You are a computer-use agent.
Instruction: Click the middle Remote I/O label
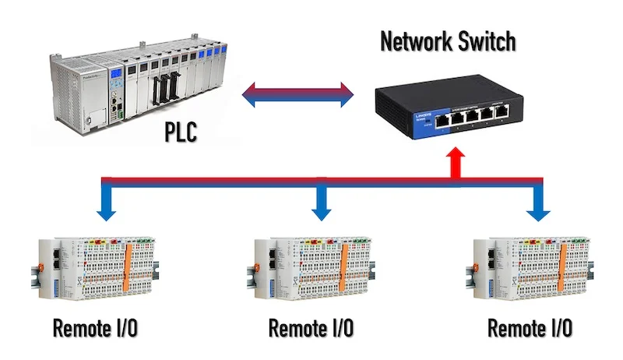point(311,328)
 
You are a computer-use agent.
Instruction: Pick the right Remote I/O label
point(530,328)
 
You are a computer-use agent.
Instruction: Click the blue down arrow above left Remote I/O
point(104,204)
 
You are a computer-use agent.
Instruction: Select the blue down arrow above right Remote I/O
point(537,204)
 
